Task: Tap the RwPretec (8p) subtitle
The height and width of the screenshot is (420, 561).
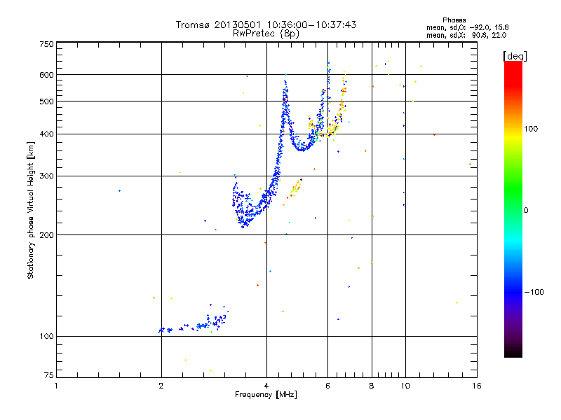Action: click(266, 33)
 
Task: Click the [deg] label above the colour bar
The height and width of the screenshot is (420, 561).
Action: click(515, 55)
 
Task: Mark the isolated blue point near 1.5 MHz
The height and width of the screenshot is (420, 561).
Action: click(119, 190)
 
